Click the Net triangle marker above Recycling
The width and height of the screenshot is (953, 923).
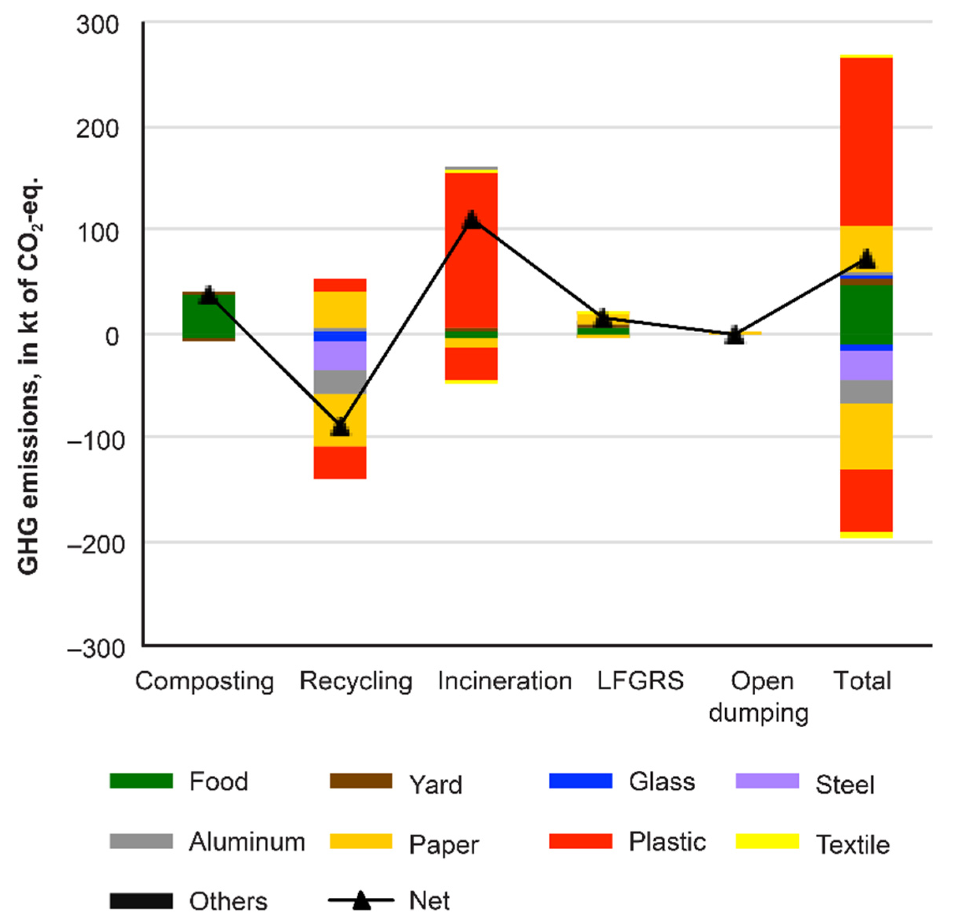click(x=340, y=427)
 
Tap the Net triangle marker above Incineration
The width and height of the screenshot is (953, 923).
click(x=472, y=220)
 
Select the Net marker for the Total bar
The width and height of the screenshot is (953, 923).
click(x=867, y=260)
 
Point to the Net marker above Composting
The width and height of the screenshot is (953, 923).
click(x=209, y=295)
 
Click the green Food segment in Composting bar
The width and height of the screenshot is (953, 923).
click(x=209, y=316)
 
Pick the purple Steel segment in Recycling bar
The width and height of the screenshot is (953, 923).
click(x=340, y=356)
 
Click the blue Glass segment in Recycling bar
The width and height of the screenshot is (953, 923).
click(x=340, y=336)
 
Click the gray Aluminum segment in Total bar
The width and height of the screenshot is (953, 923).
click(x=867, y=391)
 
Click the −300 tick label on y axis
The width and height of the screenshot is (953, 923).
click(x=96, y=649)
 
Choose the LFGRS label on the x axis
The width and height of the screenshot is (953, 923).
click(x=640, y=681)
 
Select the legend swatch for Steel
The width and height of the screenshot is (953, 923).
click(x=767, y=781)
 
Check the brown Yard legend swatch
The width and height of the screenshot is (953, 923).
click(x=361, y=781)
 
